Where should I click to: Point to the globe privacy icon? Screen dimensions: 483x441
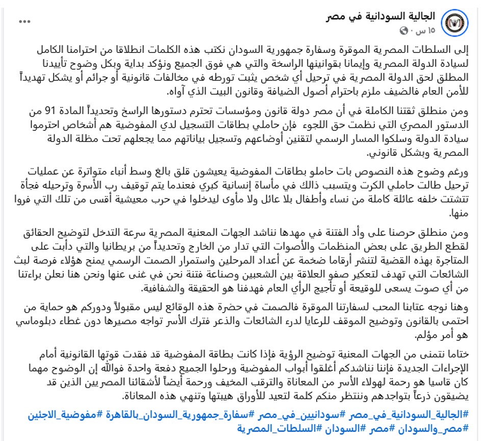tap(405, 31)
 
